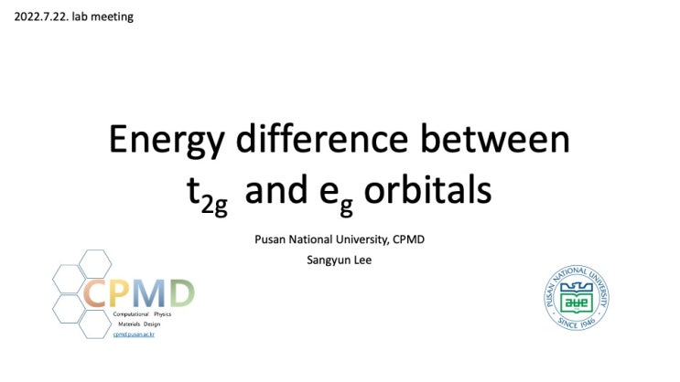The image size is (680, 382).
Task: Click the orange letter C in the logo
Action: [97, 293]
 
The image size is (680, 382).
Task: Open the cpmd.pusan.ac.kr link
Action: [135, 334]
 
